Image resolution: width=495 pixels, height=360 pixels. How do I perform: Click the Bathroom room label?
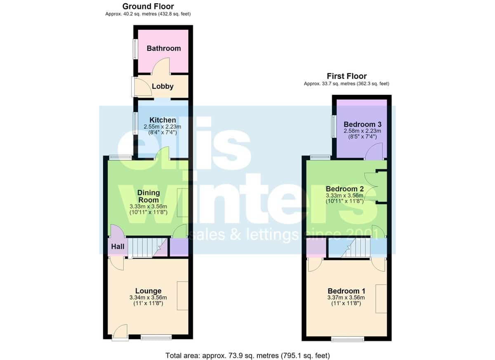pos(164,48)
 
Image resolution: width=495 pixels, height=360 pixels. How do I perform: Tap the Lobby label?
pos(163,86)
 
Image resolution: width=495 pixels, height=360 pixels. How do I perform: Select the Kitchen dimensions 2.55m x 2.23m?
pos(163,127)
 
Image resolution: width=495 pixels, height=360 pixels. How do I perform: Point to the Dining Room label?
pos(148,196)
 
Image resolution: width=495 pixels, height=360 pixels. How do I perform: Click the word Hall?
pos(118,247)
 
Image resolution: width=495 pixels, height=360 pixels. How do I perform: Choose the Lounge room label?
pos(148,291)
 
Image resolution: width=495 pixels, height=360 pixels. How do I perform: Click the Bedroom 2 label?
pos(345,189)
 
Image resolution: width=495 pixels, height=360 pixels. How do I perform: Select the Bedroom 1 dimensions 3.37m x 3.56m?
pos(346,297)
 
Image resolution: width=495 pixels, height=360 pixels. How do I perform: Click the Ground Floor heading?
pos(148,7)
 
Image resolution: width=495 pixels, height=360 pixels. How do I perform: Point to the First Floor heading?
pos(347,76)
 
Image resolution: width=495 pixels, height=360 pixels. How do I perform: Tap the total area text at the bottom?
pos(247,355)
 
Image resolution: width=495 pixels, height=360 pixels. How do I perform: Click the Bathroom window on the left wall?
pos(135,49)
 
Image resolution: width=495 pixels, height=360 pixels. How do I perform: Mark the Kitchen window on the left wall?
pos(135,123)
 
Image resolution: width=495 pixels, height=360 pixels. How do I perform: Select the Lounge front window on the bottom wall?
pos(156,337)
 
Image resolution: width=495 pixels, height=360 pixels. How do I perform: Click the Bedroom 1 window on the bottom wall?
pos(348,339)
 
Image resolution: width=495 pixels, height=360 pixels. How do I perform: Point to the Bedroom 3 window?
pos(334,127)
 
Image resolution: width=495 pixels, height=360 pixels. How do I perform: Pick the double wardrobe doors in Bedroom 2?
pos(371,186)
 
